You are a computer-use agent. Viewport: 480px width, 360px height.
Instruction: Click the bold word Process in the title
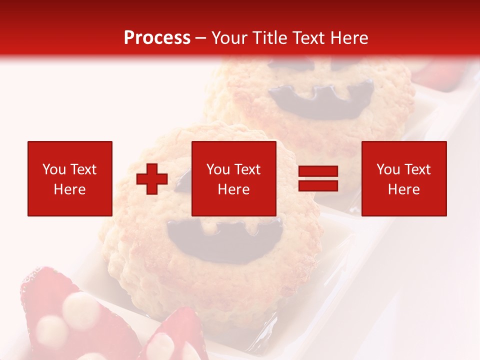[x=157, y=38]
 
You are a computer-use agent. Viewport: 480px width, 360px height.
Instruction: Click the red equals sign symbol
[x=318, y=179]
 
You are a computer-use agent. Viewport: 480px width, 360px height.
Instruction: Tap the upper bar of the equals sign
[x=318, y=172]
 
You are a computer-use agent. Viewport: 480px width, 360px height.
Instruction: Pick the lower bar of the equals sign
[x=318, y=186]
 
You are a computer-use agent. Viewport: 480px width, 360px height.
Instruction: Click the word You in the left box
[x=54, y=169]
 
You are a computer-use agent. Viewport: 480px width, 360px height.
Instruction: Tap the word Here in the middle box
[x=233, y=189]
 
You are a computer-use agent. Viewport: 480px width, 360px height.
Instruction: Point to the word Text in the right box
[x=417, y=169]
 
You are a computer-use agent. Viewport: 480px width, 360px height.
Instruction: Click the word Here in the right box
[x=404, y=189]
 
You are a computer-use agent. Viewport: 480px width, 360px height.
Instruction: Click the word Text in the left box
[x=83, y=169]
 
